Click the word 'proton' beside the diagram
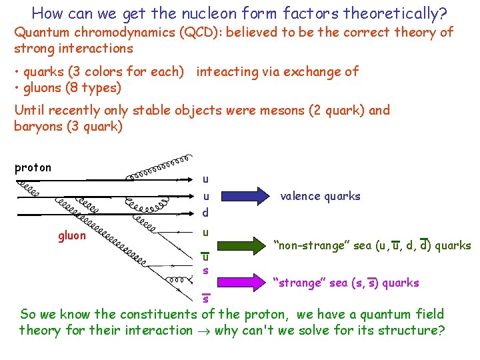pos(33,168)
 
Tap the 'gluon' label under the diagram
pos(71,235)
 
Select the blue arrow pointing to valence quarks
pos(241,195)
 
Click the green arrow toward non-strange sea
pos(241,245)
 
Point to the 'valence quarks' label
pos(320,196)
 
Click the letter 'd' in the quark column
pos(205,213)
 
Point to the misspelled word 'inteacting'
pos(228,71)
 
